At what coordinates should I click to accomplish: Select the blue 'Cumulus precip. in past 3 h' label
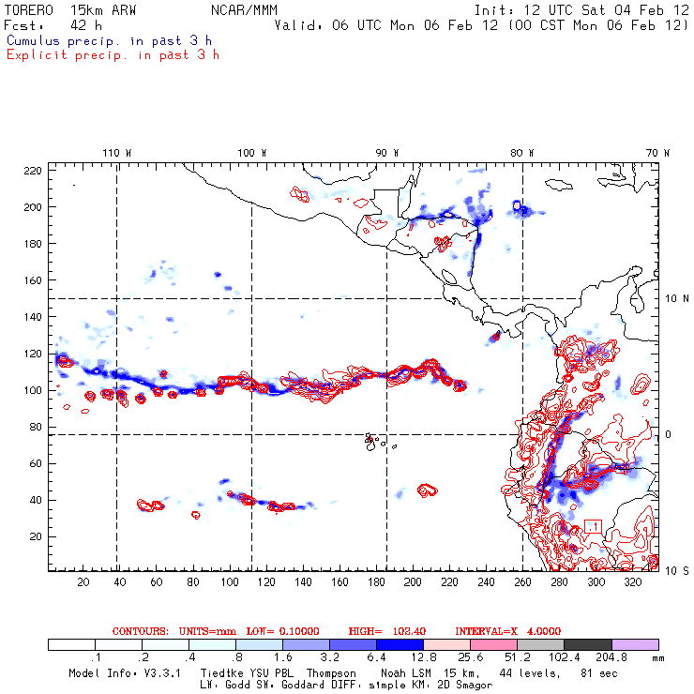tap(109, 40)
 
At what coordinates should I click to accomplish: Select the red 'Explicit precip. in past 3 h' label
tap(113, 54)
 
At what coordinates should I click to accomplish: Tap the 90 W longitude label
tap(387, 152)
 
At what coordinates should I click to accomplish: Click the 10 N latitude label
tap(672, 298)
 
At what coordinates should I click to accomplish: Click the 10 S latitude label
tap(672, 570)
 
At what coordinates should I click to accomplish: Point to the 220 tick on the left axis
tap(33, 170)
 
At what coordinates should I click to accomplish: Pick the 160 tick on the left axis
tap(33, 280)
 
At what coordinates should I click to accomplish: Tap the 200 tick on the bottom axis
tap(413, 582)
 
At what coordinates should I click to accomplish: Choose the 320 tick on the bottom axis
tap(633, 582)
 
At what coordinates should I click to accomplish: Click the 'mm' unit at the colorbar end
tap(668, 658)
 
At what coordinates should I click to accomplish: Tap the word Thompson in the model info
tap(327, 673)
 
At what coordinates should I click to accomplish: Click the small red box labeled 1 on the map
tap(592, 526)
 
